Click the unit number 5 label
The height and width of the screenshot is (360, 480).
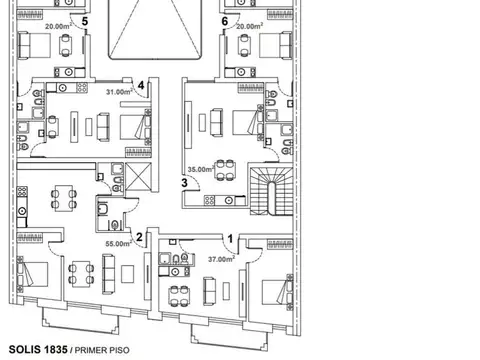85,21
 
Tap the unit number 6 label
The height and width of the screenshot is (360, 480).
225,21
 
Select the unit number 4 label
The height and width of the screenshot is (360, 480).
141,85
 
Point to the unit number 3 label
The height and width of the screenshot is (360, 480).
184,183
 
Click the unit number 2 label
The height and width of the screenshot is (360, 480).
139,237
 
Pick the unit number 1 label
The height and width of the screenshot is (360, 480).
230,239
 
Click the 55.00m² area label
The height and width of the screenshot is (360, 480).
118,244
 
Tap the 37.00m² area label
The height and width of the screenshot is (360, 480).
221,259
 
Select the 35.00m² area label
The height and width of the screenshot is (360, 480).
201,169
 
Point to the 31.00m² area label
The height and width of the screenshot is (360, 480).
119,92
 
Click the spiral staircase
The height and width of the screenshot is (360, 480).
272,191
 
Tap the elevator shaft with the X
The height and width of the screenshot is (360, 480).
138,177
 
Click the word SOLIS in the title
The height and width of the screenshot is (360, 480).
22,349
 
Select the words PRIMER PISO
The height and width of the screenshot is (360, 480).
102,350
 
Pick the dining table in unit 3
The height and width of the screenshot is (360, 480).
225,170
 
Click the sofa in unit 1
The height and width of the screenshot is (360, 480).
209,291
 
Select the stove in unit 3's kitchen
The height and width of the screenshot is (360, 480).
209,200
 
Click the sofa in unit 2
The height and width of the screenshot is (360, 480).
109,274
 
